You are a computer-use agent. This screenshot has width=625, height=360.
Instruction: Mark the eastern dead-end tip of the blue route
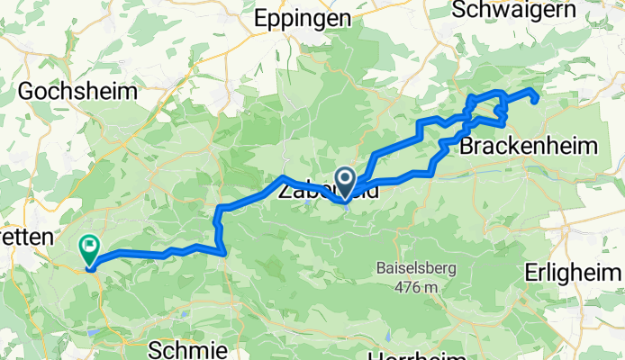click(x=538, y=99)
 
